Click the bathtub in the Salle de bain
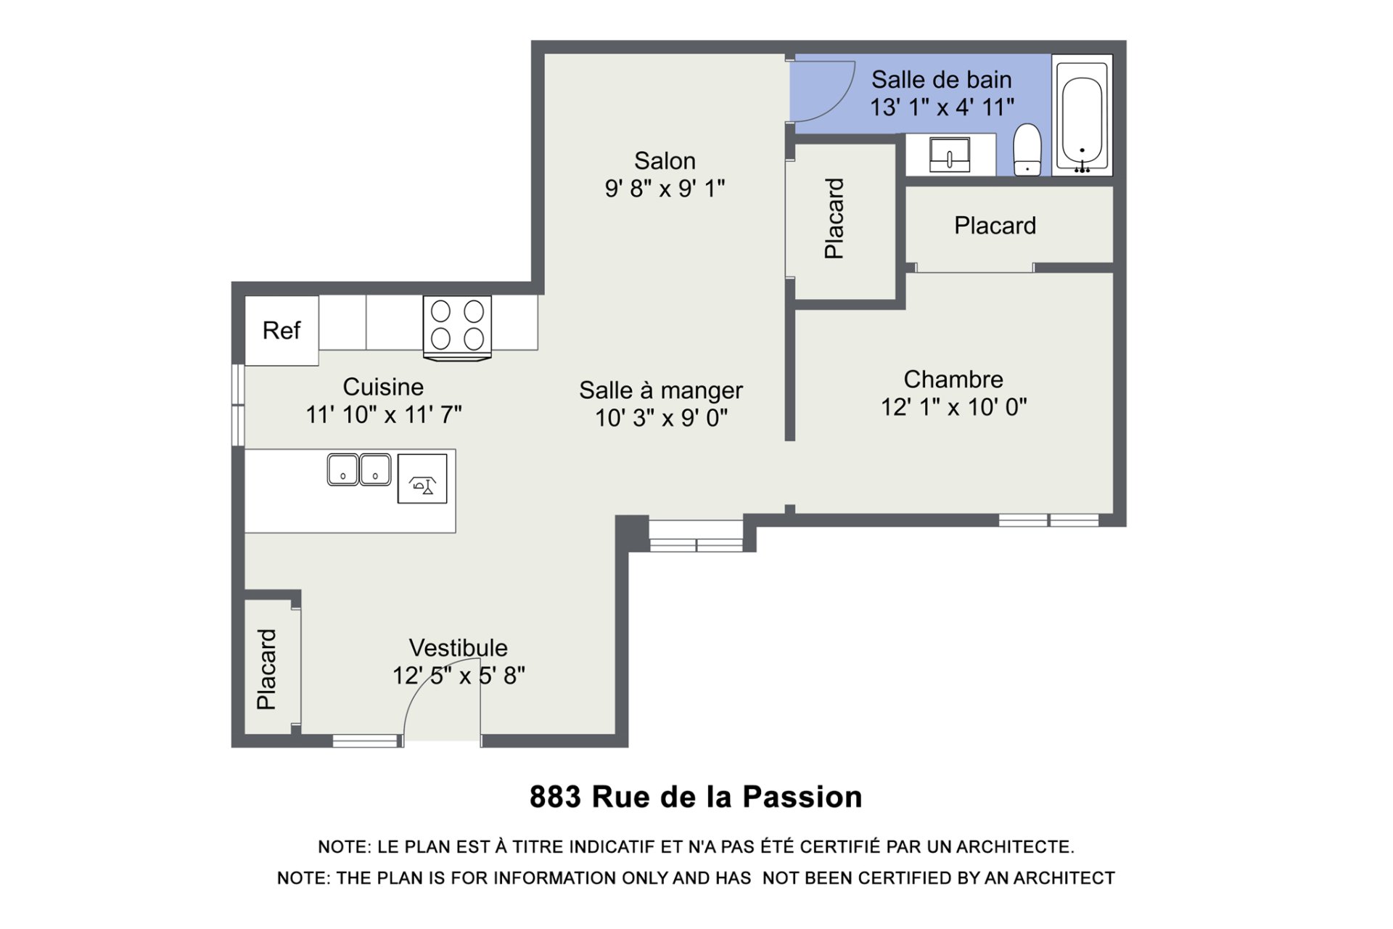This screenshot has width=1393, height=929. (1082, 115)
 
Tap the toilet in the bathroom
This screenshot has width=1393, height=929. (1027, 150)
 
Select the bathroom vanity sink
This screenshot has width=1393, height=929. (949, 155)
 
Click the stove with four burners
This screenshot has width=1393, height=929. (457, 327)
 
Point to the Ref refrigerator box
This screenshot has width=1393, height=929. (282, 330)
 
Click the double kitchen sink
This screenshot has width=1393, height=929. (359, 470)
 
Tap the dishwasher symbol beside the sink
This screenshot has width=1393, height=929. (422, 478)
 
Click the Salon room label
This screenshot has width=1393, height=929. (665, 160)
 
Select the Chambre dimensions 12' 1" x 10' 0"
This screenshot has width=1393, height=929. (953, 407)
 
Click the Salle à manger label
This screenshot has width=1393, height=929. (661, 390)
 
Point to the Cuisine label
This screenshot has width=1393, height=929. (383, 387)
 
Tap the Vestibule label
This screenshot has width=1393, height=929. (458, 647)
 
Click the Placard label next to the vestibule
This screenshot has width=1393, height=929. (266, 669)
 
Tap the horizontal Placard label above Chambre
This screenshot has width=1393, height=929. (995, 226)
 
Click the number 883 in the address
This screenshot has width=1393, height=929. (555, 797)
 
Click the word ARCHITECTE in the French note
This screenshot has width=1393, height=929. (1015, 847)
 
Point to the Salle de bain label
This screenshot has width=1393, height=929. (941, 79)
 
